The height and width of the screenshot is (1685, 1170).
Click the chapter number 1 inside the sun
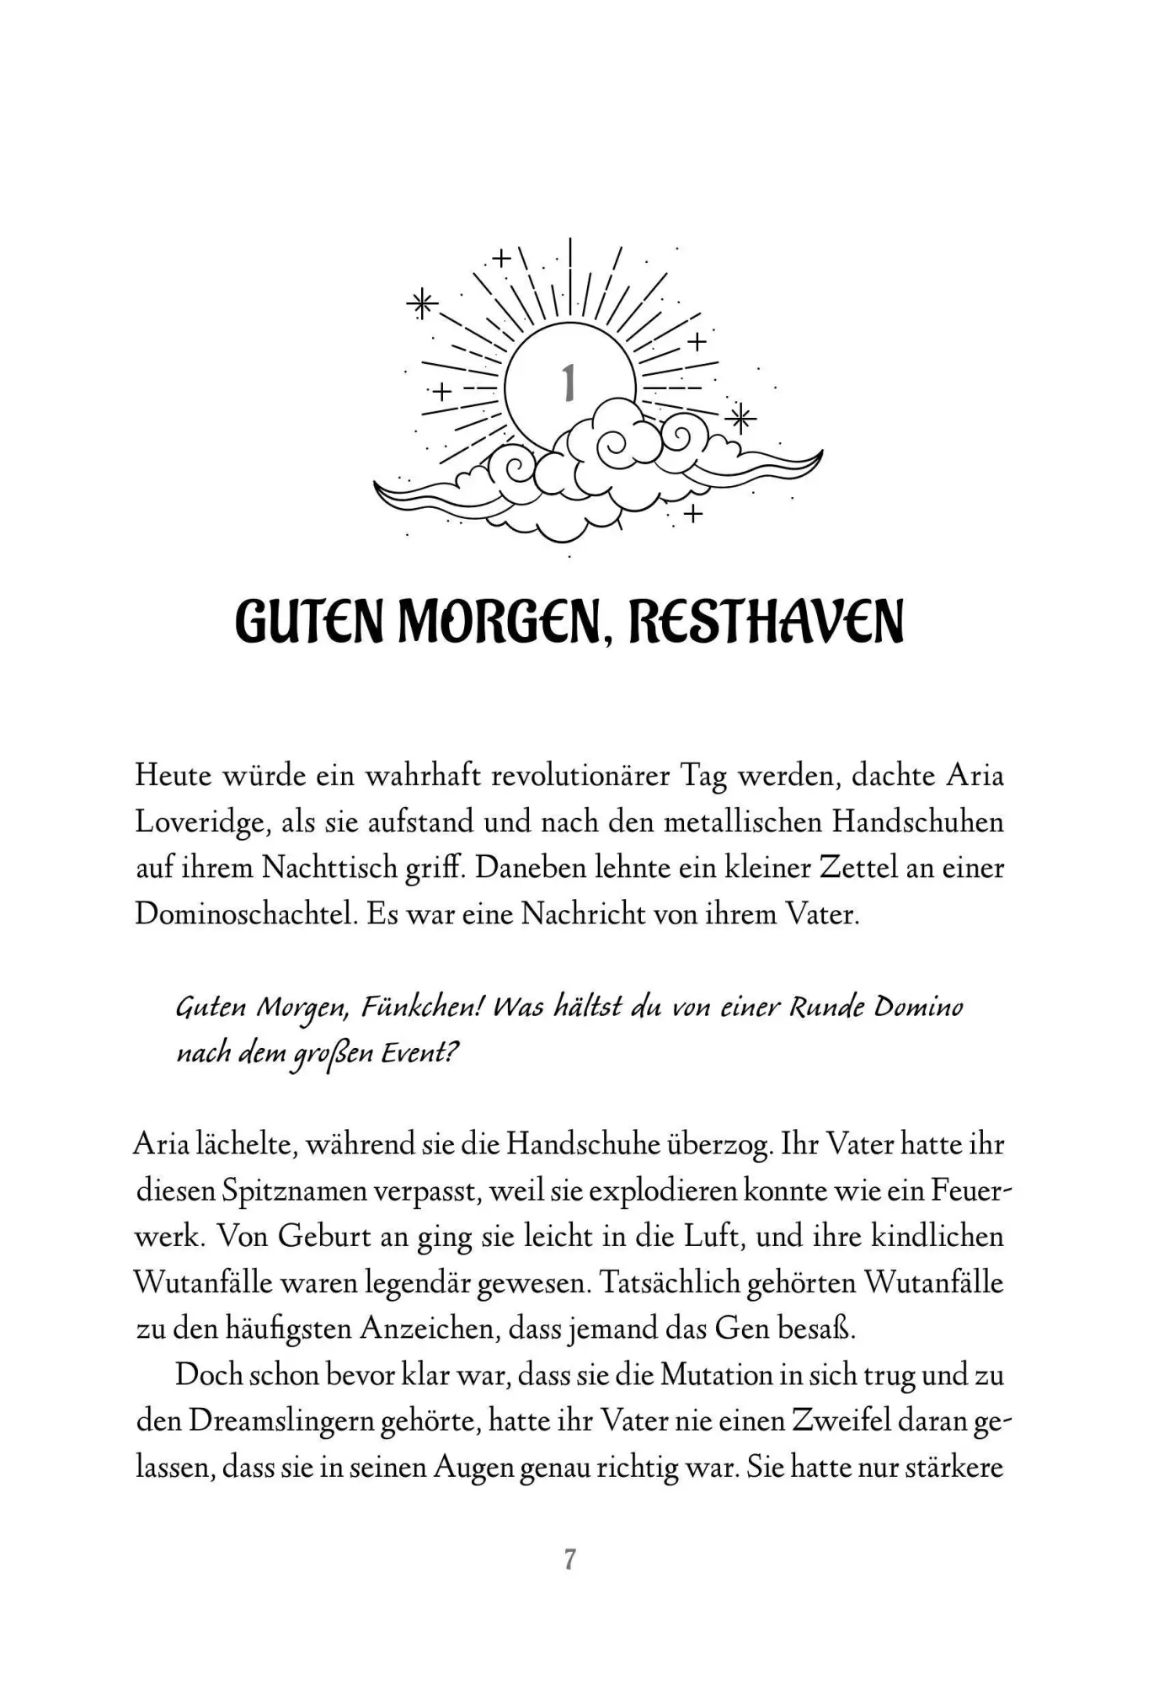pos(569,383)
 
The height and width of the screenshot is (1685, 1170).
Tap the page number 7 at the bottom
pos(569,1559)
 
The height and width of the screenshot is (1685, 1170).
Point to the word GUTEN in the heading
pos(310,622)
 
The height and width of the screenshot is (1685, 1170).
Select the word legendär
pos(418,1283)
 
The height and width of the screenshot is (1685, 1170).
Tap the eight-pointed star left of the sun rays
pos(422,304)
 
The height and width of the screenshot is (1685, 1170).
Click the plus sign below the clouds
pos(693,513)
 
